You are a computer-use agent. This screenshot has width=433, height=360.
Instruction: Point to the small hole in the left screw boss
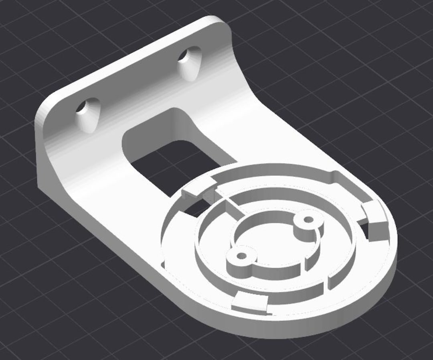[x=241, y=256]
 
